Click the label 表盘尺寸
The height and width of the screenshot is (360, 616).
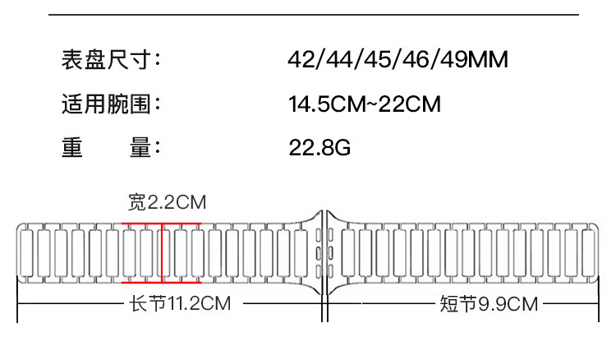click(x=106, y=60)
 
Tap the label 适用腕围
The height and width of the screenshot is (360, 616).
click(x=106, y=104)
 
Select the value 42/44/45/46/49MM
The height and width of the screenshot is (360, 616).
click(x=398, y=60)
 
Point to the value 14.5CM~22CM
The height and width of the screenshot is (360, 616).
click(x=365, y=104)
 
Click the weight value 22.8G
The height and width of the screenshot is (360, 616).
click(x=319, y=148)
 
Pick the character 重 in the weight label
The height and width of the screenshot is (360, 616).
click(x=72, y=147)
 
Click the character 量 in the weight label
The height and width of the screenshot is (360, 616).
click(x=140, y=147)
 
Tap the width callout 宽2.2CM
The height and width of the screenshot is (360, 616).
click(x=167, y=202)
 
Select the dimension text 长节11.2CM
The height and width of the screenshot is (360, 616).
click(x=180, y=303)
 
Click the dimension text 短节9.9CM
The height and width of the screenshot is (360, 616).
click(x=489, y=304)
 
